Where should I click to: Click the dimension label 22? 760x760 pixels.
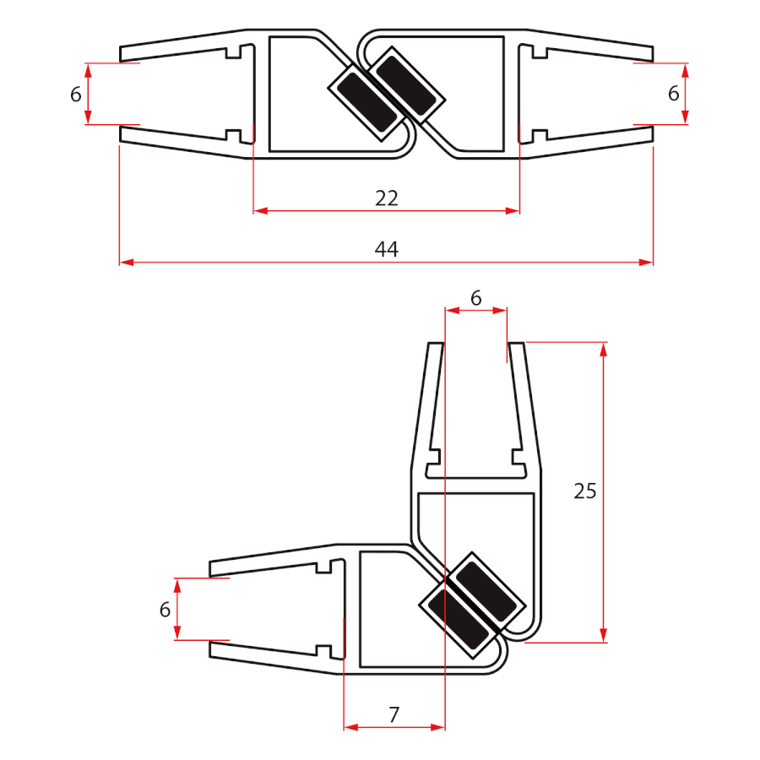(x=386, y=198)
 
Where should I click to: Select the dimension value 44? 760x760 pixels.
(x=386, y=249)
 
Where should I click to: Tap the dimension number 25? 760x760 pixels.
(x=584, y=491)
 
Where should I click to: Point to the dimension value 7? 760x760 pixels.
(x=394, y=714)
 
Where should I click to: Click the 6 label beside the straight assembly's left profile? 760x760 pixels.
(x=76, y=94)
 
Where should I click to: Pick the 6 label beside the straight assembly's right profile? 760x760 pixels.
(x=673, y=94)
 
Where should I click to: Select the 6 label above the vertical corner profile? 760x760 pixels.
(x=475, y=297)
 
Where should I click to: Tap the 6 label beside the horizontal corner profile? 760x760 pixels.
(x=165, y=609)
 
